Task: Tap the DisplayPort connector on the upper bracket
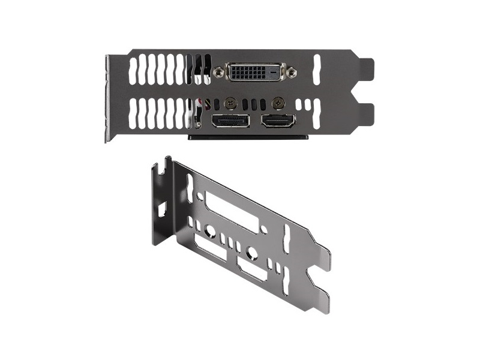coord(229,121)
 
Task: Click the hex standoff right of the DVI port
coord(291,73)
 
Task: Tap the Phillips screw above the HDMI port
coord(277,102)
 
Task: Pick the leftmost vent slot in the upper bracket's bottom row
coord(133,113)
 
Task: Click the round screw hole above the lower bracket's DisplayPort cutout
coord(210,230)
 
